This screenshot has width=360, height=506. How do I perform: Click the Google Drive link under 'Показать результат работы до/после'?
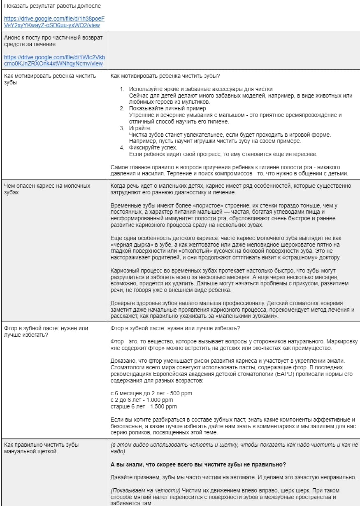54,22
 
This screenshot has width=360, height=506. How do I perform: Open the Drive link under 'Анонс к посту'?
54,60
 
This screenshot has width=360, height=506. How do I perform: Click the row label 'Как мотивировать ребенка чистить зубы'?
49,79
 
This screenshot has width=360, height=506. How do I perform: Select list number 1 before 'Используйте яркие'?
122,89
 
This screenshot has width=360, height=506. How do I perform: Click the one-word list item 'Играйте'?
139,128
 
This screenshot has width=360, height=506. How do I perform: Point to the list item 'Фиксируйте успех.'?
153,147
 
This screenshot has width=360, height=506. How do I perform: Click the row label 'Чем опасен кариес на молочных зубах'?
47,189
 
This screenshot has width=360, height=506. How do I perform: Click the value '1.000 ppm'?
158,400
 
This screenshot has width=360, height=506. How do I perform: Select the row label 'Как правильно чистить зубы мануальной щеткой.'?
41,448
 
